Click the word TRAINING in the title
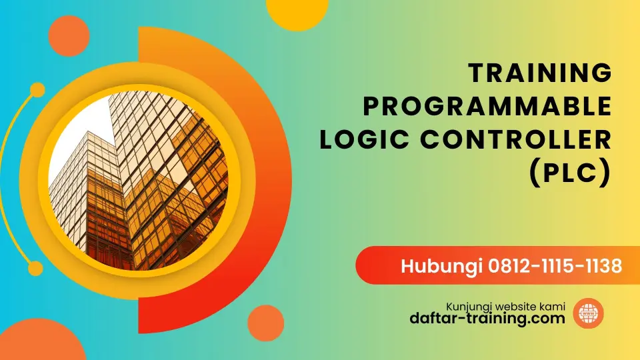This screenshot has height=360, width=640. click(540, 73)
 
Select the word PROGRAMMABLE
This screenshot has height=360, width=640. click(487, 106)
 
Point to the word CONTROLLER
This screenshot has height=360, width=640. click(516, 139)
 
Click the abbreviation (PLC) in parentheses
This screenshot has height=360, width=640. click(570, 173)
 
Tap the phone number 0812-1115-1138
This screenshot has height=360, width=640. click(555, 266)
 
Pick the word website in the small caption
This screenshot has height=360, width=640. click(515, 307)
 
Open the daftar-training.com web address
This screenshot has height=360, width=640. click(487, 318)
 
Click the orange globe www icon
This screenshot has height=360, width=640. click(588, 313)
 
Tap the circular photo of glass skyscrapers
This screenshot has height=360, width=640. click(139, 180)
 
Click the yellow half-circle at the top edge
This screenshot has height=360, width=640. click(297, 12)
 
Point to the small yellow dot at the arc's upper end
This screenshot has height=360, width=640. click(37, 90)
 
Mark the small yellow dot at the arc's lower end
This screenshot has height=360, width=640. click(35, 268)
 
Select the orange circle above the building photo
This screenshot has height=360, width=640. click(69, 36)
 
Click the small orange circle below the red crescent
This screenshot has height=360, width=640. click(266, 323)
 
